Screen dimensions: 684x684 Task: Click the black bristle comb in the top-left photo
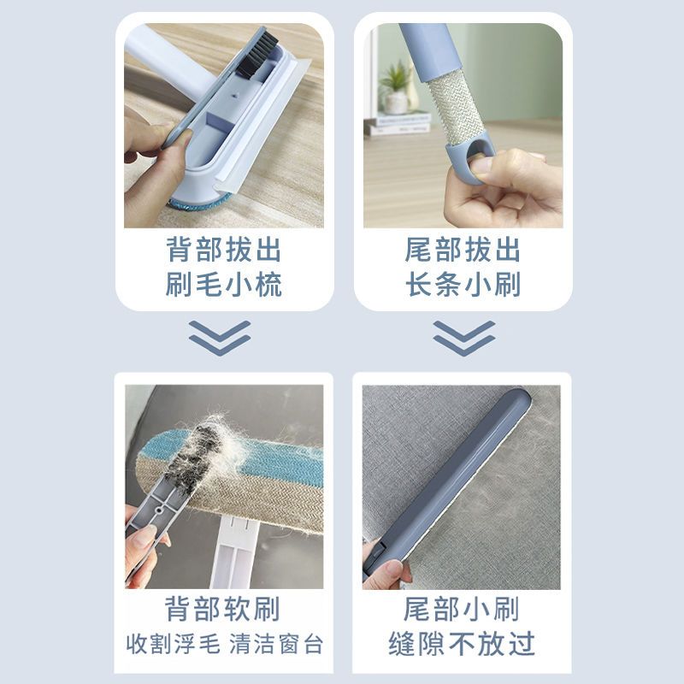[258, 54]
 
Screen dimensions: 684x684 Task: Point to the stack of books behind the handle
[398, 123]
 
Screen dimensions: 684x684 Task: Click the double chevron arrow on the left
[220, 338]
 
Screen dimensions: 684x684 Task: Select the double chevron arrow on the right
[464, 338]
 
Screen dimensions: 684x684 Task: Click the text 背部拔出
[223, 250]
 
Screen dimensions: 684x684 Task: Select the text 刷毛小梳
[223, 285]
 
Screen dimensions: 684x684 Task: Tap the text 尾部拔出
[463, 250]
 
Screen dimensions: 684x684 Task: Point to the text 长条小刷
[463, 285]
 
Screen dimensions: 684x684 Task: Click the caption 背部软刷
[222, 609]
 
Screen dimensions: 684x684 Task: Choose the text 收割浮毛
[174, 644]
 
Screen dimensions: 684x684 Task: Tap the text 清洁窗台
[276, 644]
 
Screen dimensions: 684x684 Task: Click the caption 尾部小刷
[462, 609]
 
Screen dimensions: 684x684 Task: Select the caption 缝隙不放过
[462, 644]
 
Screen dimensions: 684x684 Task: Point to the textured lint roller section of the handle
[456, 112]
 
